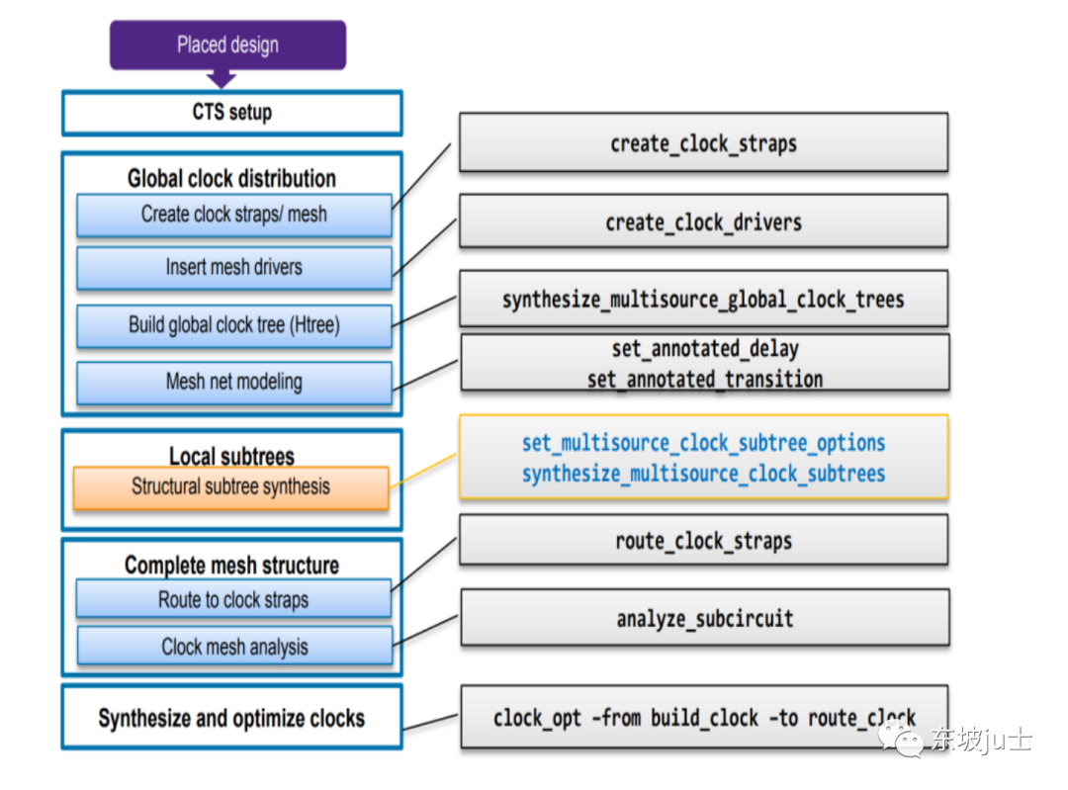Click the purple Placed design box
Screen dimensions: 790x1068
227,45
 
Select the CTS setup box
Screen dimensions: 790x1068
231,113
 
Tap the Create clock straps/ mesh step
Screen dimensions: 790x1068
233,215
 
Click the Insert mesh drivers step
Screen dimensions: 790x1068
233,267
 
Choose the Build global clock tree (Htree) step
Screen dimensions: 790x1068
233,325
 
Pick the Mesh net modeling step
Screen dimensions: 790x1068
233,382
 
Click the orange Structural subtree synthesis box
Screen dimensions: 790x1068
230,487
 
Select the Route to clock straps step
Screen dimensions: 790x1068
233,600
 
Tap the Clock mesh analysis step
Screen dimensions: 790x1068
234,648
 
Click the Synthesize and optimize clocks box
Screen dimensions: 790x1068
231,719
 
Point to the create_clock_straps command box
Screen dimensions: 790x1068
703,143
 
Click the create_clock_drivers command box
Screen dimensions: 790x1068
703,222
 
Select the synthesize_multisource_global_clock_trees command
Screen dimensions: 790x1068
703,300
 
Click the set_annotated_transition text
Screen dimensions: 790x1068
704,379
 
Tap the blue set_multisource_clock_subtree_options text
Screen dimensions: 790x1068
703,443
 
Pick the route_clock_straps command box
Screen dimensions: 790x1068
703,541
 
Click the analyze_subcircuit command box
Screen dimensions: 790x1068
704,620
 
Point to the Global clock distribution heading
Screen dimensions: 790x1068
231,179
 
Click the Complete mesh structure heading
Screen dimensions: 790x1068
231,566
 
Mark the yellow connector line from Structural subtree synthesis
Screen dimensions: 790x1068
423,471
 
